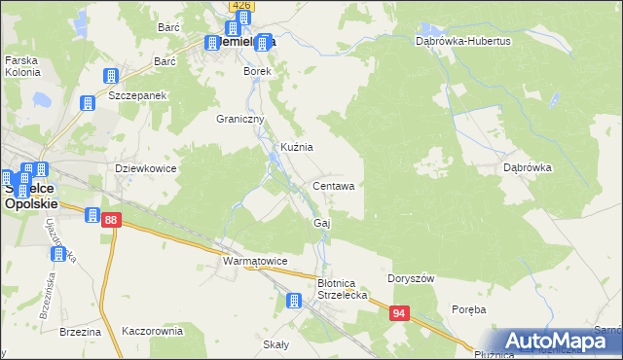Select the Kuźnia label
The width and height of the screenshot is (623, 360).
tap(296, 147)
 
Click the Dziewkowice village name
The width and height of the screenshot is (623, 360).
tap(145, 167)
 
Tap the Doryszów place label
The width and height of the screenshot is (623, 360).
tap(412, 277)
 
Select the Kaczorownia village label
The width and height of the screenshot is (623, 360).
tap(152, 331)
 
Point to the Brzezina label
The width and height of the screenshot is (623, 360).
tap(80, 332)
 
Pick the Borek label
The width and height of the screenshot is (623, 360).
tap(257, 72)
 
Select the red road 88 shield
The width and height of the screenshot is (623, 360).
tap(111, 221)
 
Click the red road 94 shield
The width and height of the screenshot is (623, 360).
tap(399, 313)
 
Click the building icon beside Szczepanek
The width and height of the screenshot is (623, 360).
tap(111, 76)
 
